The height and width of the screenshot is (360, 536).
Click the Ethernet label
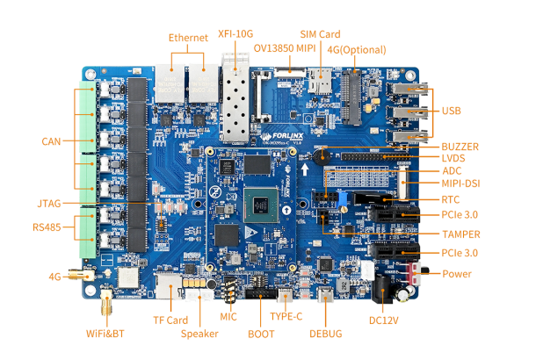(x=188, y=38)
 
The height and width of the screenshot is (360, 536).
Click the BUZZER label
(x=460, y=146)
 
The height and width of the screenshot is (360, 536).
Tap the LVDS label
(x=453, y=158)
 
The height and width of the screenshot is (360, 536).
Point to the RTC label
(x=451, y=199)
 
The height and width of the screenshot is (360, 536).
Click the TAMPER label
(x=461, y=234)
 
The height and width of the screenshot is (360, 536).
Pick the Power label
(x=457, y=274)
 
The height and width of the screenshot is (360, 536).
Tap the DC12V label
(x=384, y=320)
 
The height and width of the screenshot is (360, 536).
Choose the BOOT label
(x=261, y=334)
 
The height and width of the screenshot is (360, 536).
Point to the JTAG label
(x=49, y=204)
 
